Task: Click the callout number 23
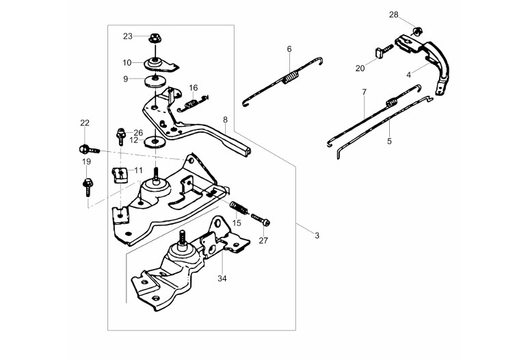pos(128,36)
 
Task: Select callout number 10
pos(127,62)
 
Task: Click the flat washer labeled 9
pos(156,81)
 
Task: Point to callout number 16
pos(194,88)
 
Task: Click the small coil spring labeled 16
pos(192,104)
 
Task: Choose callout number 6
pos(289,49)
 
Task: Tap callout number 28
pos(412,14)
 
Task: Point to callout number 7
pos(365,92)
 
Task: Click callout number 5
pos(389,141)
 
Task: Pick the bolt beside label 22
pos(86,149)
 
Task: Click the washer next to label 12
pos(156,142)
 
